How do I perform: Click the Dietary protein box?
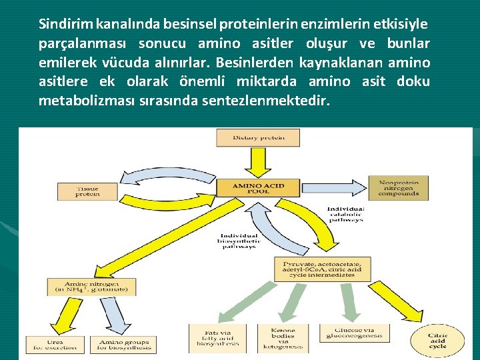pos(258,138)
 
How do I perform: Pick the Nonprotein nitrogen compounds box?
pos(398,188)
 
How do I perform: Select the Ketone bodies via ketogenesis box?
pos(287,339)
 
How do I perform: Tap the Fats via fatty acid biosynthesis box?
pos(217,338)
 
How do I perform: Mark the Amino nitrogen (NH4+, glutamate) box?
pos(91,287)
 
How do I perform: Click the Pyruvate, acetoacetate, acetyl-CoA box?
pos(322,269)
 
